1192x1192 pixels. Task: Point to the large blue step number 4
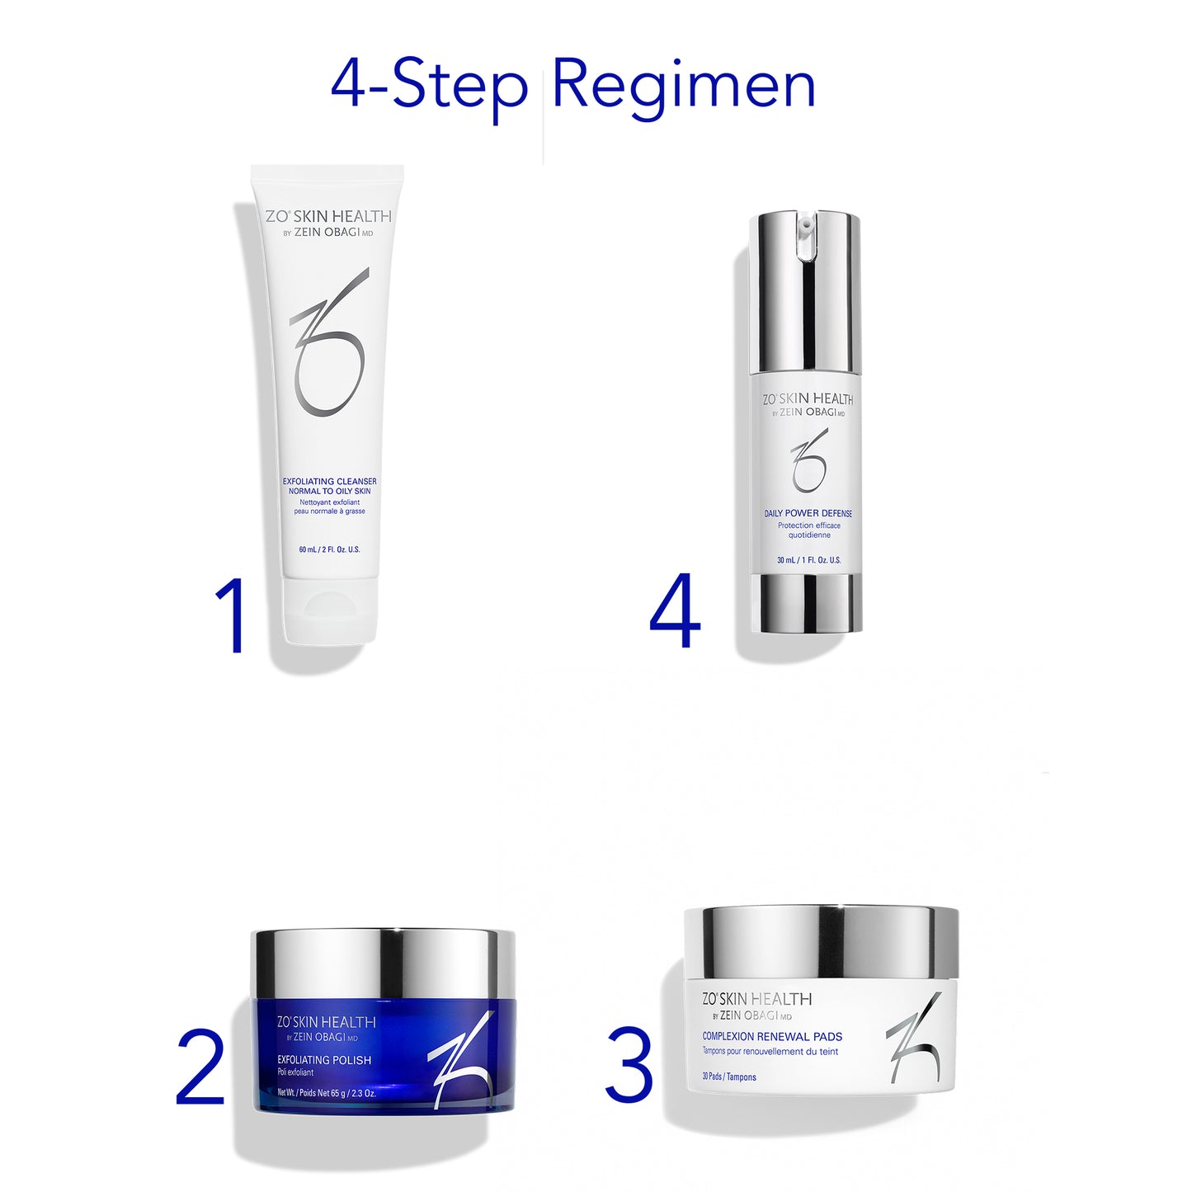(x=675, y=613)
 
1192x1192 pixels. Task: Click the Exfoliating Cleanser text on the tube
(x=329, y=482)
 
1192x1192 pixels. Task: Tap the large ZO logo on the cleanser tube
(x=329, y=342)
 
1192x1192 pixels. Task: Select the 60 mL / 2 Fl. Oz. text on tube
(x=329, y=549)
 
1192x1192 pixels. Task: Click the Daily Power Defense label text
(x=808, y=513)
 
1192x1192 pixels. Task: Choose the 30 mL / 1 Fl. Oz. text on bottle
(x=808, y=560)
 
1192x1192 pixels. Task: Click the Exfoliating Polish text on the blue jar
(x=324, y=1060)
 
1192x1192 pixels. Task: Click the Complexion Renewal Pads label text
(x=772, y=1037)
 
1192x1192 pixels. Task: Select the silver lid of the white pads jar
(x=822, y=940)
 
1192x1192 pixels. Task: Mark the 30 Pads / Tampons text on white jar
(x=729, y=1077)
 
